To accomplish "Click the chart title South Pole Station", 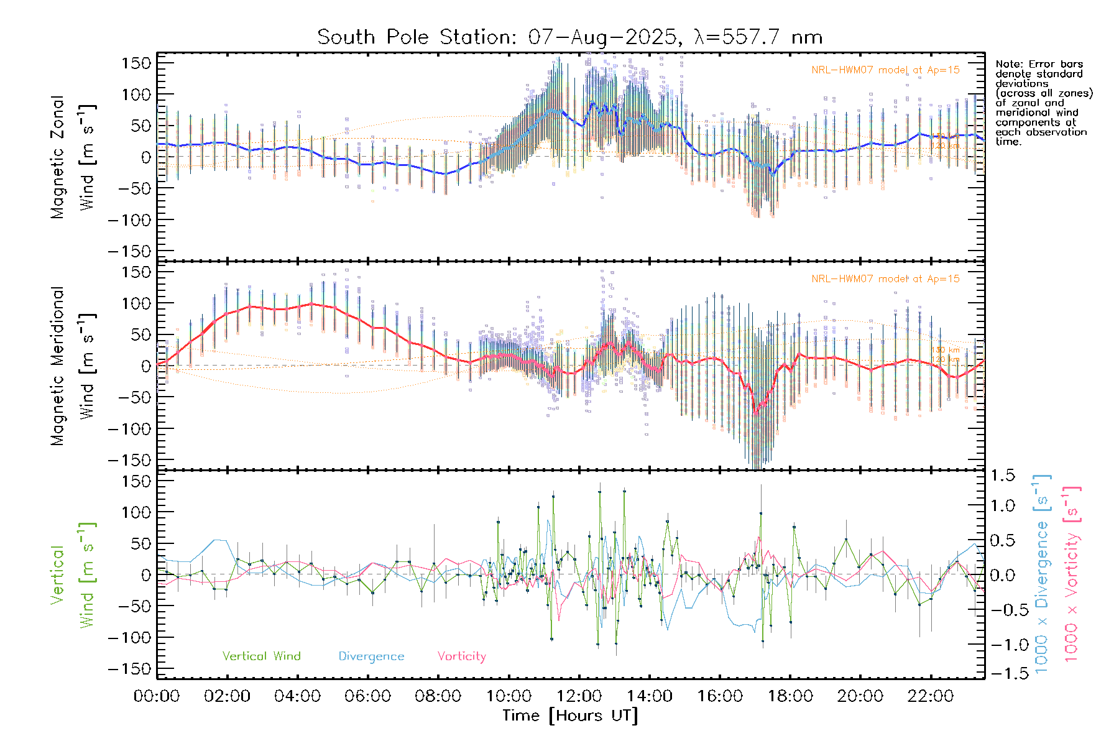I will (x=416, y=37).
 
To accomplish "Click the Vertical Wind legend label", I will (x=261, y=656).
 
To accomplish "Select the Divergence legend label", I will (x=371, y=656).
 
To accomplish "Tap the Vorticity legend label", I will (x=461, y=656).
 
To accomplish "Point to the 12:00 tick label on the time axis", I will (x=579, y=696).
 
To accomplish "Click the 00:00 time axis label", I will (x=157, y=696).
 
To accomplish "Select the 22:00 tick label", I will (x=931, y=696).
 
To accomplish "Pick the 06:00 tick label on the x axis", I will (x=368, y=696).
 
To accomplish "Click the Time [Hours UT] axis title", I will (x=570, y=716).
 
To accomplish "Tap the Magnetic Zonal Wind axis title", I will (x=73, y=157).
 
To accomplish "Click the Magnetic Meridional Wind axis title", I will (x=73, y=366).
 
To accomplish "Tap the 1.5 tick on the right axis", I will (x=1002, y=476).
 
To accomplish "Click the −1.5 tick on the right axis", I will (x=1002, y=673).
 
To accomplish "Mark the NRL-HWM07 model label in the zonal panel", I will (x=885, y=70).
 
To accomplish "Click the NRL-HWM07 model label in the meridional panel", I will (x=885, y=279).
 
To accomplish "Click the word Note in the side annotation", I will (x=1008, y=64).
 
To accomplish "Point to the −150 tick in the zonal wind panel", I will (x=130, y=252).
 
